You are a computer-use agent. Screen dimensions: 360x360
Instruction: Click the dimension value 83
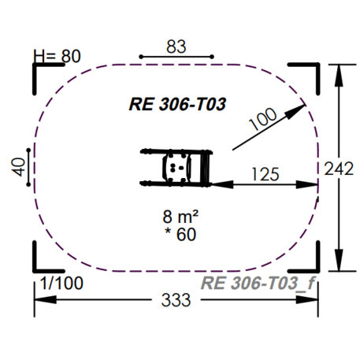pyautogui.click(x=176, y=46)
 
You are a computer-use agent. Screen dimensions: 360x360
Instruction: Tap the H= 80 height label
pyautogui.click(x=57, y=56)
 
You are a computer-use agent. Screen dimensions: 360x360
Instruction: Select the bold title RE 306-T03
pyautogui.click(x=177, y=104)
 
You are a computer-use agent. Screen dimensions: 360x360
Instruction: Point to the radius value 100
pyautogui.click(x=263, y=119)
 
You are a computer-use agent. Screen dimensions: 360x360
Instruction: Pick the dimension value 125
pyautogui.click(x=265, y=174)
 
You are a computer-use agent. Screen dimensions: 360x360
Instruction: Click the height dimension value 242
pyautogui.click(x=339, y=169)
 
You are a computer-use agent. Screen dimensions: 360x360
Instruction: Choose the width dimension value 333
pyautogui.click(x=176, y=300)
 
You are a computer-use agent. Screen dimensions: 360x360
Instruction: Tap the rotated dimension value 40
pyautogui.click(x=18, y=167)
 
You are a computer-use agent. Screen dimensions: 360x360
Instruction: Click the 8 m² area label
pyautogui.click(x=180, y=217)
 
